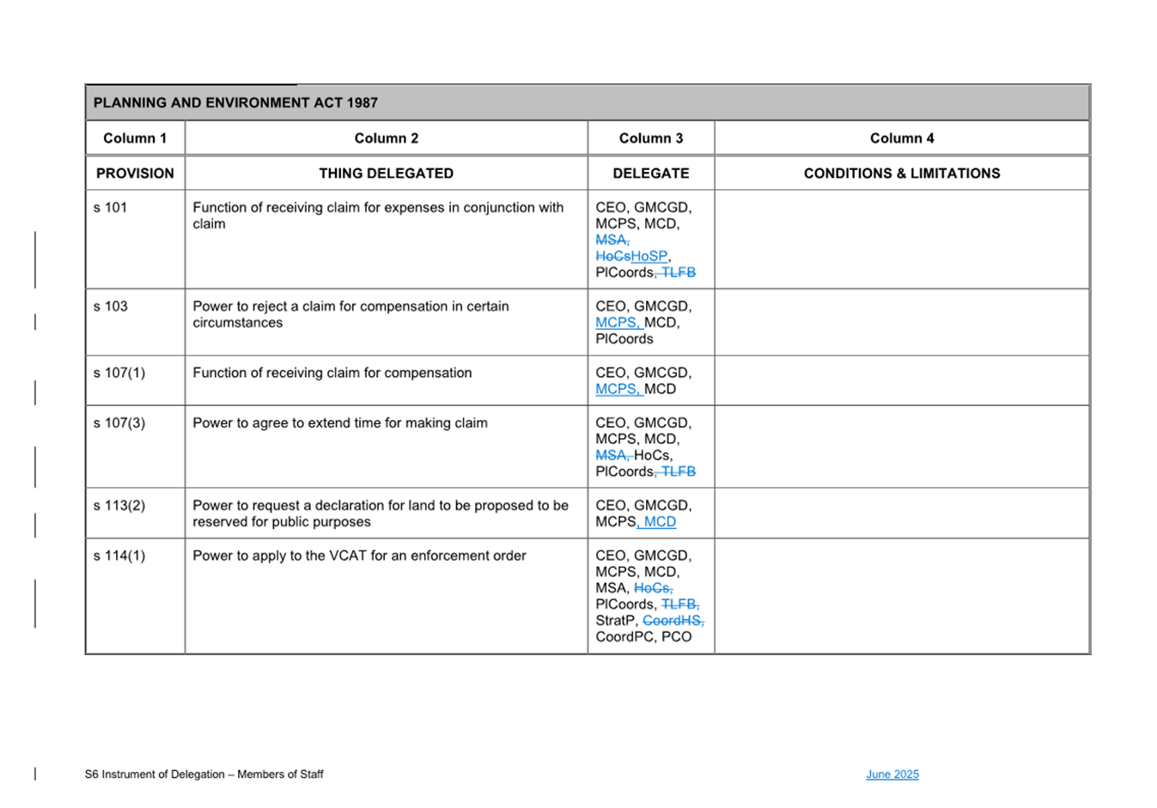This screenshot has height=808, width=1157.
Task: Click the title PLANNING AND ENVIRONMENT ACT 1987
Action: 235,103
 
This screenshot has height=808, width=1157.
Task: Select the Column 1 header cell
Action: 135,138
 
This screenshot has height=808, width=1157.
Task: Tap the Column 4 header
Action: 901,138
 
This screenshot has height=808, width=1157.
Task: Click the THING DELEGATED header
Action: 386,173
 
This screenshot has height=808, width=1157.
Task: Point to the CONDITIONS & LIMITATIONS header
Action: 901,173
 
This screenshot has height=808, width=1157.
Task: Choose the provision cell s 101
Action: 110,208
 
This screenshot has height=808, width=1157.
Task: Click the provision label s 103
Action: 110,307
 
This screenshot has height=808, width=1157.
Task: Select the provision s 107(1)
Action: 119,374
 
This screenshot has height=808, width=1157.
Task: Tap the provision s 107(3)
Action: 119,423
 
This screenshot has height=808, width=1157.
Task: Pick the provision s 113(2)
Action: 119,506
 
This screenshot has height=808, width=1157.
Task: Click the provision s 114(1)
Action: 119,556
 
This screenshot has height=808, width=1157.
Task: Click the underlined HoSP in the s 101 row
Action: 649,257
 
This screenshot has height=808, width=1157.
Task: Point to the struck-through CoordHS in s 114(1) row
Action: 672,621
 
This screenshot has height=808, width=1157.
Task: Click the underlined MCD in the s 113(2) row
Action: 660,522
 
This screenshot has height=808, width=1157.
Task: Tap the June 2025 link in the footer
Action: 892,775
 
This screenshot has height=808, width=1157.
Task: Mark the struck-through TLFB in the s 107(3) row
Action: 679,472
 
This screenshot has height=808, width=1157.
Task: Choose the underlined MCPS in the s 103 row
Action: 616,323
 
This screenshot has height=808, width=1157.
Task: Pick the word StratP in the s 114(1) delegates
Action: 616,621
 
